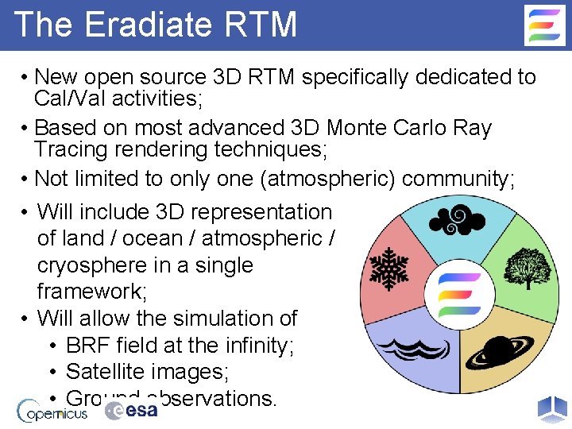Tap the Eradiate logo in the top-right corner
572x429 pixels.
click(x=545, y=25)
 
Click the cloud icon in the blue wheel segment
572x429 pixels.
click(x=458, y=220)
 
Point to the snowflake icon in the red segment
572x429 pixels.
click(x=389, y=268)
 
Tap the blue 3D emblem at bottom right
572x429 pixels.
click(x=552, y=408)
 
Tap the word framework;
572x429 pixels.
click(x=91, y=292)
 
